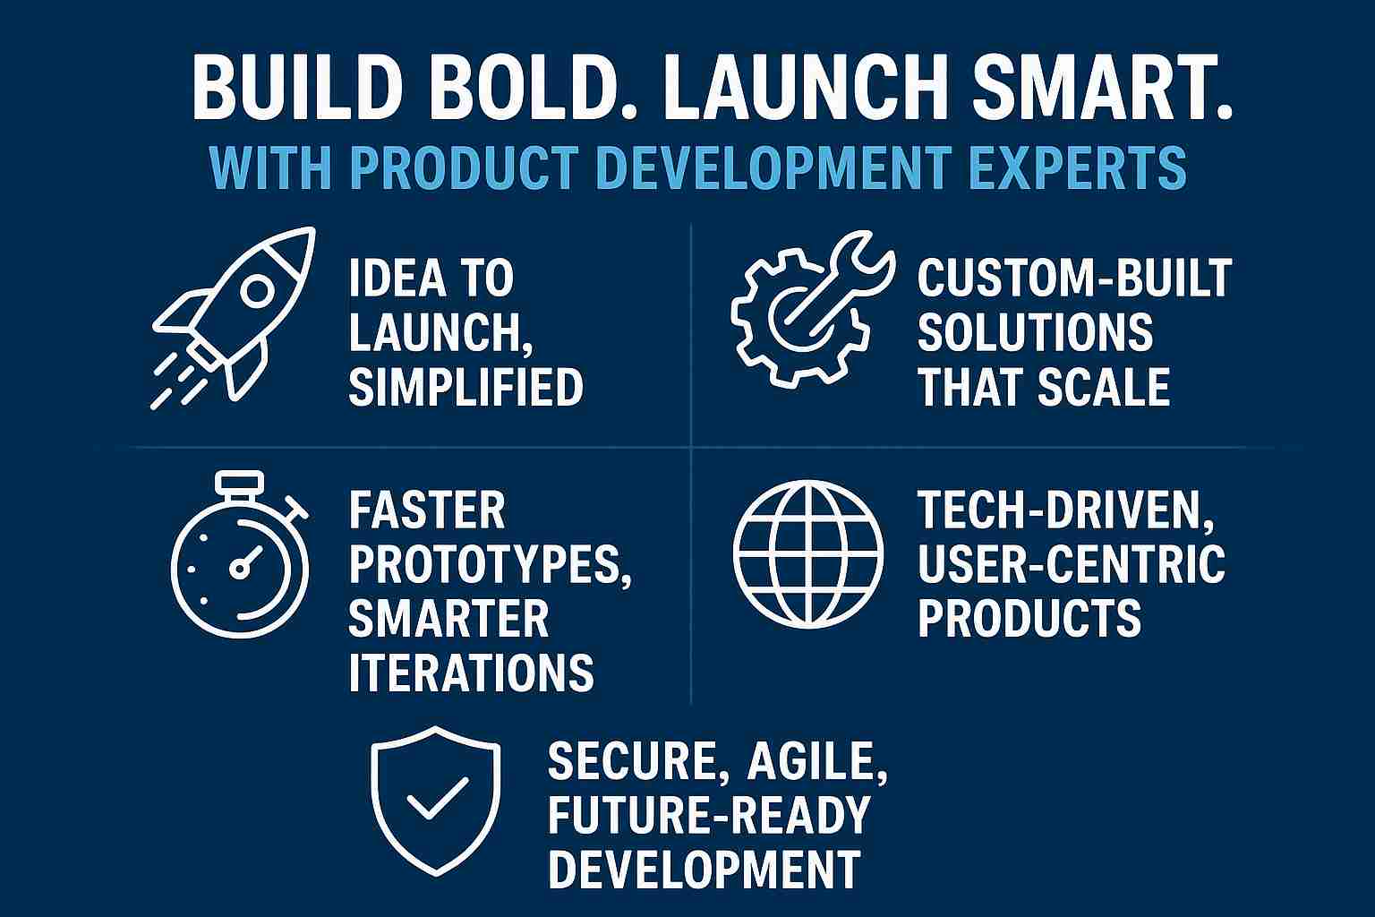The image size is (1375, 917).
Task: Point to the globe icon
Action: (x=807, y=554)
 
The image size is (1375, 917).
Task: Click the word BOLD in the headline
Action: (x=530, y=89)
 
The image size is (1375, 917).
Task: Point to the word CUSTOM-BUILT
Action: (x=1075, y=278)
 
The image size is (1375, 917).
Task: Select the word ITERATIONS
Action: (x=471, y=673)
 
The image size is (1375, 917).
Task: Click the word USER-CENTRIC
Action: (x=1072, y=563)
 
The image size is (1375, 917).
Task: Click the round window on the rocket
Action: (x=257, y=291)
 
